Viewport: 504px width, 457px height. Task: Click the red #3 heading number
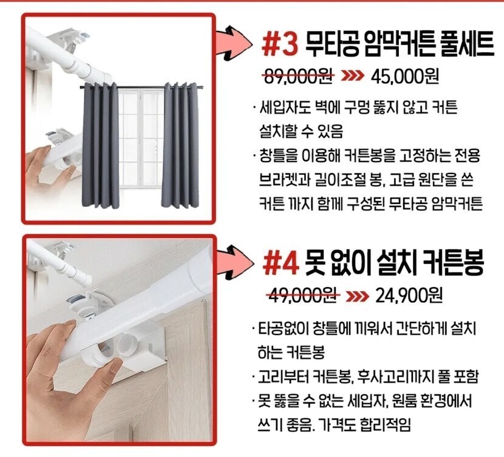(x=280, y=45)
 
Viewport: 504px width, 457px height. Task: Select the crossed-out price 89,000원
(x=298, y=76)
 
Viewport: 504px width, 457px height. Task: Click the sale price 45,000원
(x=404, y=76)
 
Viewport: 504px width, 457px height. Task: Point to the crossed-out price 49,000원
(x=303, y=296)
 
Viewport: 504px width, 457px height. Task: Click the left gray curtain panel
(x=101, y=145)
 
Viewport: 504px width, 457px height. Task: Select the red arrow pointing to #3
(x=234, y=41)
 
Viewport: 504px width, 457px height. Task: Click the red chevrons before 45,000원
(x=353, y=76)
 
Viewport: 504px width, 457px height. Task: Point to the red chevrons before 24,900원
(x=357, y=296)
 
